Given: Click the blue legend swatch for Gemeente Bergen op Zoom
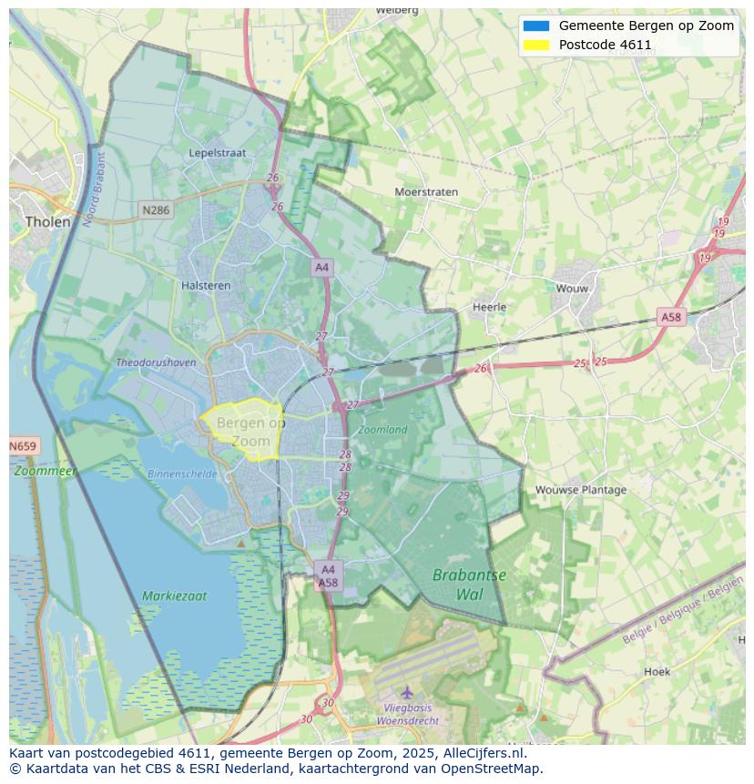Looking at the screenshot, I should click(x=536, y=25).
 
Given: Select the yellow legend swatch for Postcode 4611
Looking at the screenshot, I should click(x=536, y=45).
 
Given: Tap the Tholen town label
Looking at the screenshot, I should click(x=47, y=221).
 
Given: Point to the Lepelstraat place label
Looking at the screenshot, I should click(x=218, y=153).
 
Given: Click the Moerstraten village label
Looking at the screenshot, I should click(x=426, y=192).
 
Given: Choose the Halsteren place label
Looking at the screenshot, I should click(x=206, y=285).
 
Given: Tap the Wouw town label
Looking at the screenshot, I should click(x=572, y=289).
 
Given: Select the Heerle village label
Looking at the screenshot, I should click(x=489, y=307).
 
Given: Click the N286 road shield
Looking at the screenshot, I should click(x=156, y=210).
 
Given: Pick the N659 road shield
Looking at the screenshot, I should click(x=23, y=446).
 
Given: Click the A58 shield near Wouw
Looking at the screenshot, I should click(x=670, y=317).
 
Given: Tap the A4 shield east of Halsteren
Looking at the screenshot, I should click(x=321, y=267).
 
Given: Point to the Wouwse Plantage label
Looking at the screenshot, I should click(x=581, y=490).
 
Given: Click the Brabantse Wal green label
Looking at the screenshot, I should click(x=469, y=585).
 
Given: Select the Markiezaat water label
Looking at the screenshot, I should click(x=174, y=596).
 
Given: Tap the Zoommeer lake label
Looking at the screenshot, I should click(x=46, y=472).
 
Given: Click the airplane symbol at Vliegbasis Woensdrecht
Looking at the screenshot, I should click(x=407, y=692).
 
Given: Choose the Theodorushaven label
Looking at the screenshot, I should click(x=156, y=362).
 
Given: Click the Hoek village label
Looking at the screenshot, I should click(x=657, y=672).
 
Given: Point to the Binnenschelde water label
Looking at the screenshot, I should click(x=182, y=474).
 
